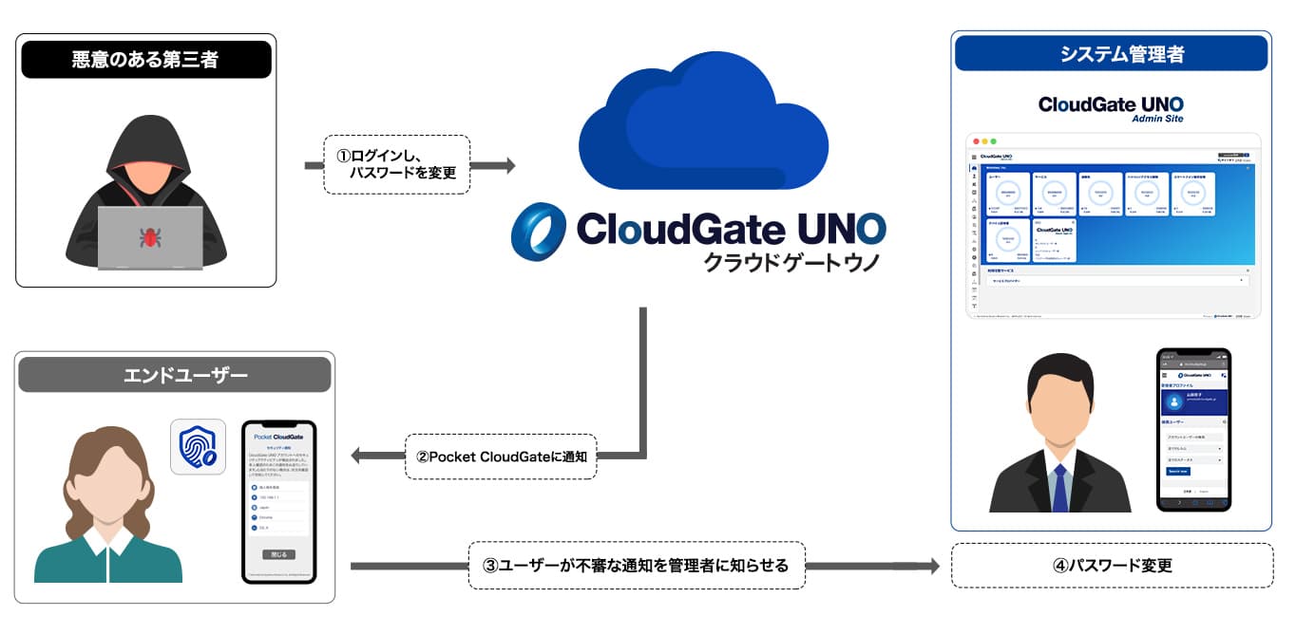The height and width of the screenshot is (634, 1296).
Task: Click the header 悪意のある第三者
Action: pos(145,60)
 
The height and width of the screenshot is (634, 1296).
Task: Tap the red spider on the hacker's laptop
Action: pos(149,236)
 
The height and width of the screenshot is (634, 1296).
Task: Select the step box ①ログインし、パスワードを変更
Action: pos(397,165)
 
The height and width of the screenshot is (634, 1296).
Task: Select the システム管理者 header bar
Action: pos(1111,54)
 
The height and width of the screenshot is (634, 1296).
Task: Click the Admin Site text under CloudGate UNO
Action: pos(1157,119)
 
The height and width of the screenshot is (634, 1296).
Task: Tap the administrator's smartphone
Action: pos(1193,429)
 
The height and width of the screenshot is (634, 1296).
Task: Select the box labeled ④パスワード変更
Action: pos(1112,566)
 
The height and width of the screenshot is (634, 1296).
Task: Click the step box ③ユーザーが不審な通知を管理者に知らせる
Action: pos(637,566)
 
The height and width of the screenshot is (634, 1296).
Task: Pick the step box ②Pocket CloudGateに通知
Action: pos(501,457)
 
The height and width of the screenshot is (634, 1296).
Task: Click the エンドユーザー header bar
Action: pos(174,375)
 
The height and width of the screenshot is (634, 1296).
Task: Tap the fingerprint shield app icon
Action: pos(198,447)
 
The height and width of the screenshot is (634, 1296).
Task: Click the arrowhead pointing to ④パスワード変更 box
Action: pos(932,567)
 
